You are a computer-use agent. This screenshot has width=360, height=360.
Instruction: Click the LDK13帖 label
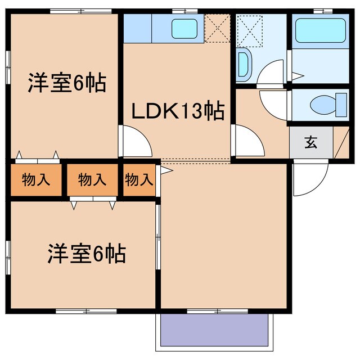[x=178, y=111]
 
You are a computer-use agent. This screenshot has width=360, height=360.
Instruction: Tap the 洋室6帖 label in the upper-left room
[x=67, y=84]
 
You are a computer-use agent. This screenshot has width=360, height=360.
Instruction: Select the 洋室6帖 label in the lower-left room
[x=85, y=255]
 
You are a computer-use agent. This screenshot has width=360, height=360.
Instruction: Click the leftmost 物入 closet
[x=35, y=180]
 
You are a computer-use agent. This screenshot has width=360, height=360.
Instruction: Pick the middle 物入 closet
[x=92, y=180]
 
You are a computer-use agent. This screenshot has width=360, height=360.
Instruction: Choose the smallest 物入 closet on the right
[x=138, y=180]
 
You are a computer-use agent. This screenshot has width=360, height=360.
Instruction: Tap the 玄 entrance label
[x=310, y=142]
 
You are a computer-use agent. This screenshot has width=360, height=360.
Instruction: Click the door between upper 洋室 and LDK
[x=135, y=141]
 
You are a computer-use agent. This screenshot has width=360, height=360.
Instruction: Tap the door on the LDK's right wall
[x=247, y=141]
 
